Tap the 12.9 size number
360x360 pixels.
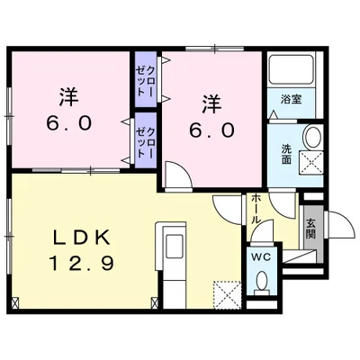tap(80, 266)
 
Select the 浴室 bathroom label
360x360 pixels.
tap(291, 98)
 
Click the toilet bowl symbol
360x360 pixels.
tap(262, 283)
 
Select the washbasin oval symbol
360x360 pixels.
tap(311, 139)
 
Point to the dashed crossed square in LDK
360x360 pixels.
tap(226, 294)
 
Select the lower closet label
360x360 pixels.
tap(144, 139)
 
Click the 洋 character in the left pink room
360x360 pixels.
tap(67, 94)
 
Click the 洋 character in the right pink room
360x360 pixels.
tap(212, 101)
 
